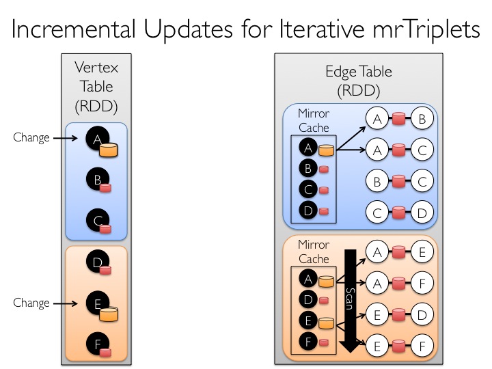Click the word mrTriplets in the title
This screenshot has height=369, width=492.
[x=426, y=29]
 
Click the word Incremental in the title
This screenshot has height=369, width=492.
[x=74, y=29]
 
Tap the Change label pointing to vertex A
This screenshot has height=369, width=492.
[x=31, y=137]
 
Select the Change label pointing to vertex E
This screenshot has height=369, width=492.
[x=31, y=303]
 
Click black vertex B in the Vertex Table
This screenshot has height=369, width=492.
[x=98, y=179]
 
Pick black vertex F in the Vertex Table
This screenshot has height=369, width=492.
[x=98, y=344]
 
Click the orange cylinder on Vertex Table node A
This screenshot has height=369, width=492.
[x=109, y=150]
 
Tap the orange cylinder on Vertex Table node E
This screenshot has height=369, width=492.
[x=109, y=314]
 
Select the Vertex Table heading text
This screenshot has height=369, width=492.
[x=96, y=86]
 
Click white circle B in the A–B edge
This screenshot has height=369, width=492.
[x=422, y=118]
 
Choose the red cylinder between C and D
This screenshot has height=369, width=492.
[x=399, y=213]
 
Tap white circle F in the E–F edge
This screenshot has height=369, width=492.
[x=422, y=346]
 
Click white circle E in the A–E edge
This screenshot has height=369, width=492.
[x=422, y=251]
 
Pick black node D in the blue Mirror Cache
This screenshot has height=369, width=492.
[x=308, y=210]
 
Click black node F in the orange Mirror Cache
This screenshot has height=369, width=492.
[x=308, y=341]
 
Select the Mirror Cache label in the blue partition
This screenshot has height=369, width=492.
[x=314, y=120]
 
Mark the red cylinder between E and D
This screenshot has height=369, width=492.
[x=399, y=315]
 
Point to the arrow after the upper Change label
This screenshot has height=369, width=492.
[x=66, y=138]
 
